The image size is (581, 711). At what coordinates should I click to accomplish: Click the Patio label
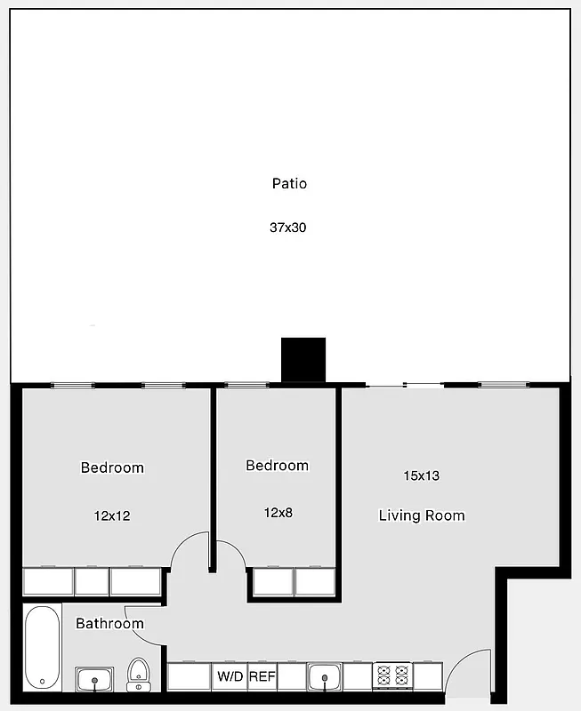pos(289,184)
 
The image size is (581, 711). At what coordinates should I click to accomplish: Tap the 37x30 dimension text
pos(288,228)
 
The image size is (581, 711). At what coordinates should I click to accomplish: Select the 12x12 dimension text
pos(112,515)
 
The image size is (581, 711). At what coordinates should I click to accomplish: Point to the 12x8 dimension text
pos(278,513)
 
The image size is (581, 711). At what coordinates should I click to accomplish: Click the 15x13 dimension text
pos(421,475)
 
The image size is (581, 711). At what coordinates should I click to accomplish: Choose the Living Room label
pos(421,515)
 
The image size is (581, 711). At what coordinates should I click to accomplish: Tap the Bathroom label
pos(109,623)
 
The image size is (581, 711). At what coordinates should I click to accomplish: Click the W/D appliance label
pos(230,677)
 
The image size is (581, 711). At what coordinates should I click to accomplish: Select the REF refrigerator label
pos(262,677)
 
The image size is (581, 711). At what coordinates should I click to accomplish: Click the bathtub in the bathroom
pos(42,646)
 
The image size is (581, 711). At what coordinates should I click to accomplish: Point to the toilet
pos(138,675)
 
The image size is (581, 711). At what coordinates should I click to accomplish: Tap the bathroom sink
pos(94,680)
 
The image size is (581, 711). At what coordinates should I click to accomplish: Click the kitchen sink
pos(325,678)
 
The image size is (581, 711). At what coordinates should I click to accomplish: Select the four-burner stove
pos(392,677)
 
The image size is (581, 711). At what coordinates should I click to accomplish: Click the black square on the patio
pos(303,360)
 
